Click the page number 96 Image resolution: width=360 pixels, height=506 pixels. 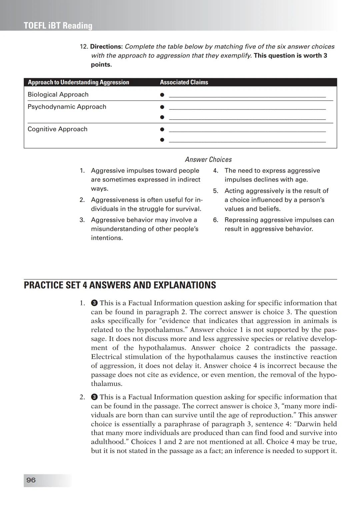click(x=31, y=480)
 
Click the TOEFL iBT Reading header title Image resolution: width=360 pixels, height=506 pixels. click(x=58, y=26)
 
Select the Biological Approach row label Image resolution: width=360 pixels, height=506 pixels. click(x=58, y=95)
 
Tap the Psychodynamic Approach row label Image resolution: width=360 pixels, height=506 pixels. click(x=67, y=107)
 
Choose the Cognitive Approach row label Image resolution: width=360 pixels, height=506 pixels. click(x=57, y=129)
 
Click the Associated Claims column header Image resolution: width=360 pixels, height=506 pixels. click(x=184, y=82)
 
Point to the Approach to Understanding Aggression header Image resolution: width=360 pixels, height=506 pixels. click(x=78, y=82)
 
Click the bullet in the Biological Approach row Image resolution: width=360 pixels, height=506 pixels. click(x=162, y=95)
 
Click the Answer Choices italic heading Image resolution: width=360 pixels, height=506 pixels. click(x=208, y=160)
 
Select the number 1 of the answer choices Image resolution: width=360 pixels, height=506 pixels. click(x=82, y=171)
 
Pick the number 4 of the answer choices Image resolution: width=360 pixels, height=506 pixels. click(x=216, y=171)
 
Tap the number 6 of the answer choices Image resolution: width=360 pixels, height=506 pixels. click(x=216, y=220)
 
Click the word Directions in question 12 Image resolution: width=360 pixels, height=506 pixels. click(x=106, y=47)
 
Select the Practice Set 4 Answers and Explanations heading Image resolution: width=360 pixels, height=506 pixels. click(x=120, y=285)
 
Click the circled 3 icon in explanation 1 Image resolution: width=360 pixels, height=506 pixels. click(x=94, y=303)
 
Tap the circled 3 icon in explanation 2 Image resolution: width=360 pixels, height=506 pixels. click(x=94, y=397)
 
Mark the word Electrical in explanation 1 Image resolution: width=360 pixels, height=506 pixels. click(x=106, y=357)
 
